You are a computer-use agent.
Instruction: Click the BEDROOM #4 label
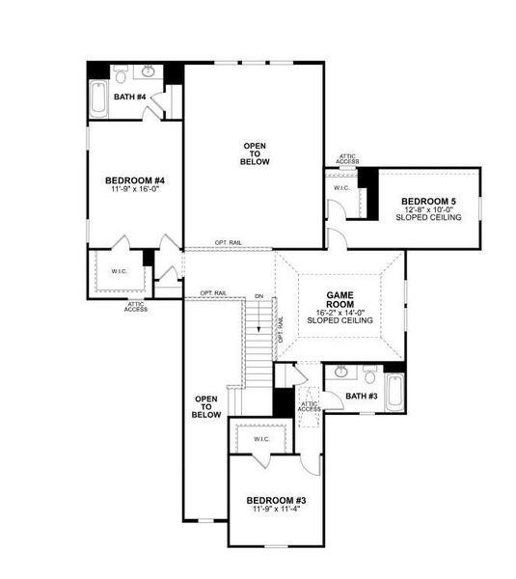click(135, 180)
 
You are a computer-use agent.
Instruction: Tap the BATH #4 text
click(129, 96)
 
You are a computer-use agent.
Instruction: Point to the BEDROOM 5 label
click(429, 202)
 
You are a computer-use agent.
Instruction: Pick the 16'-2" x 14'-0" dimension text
click(340, 313)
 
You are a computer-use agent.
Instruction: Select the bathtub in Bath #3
click(395, 392)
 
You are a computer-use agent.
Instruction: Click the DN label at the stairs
click(258, 295)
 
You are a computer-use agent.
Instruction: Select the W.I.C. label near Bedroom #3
click(262, 439)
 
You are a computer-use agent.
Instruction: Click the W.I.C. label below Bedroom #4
click(119, 271)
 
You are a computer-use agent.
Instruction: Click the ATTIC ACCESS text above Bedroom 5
click(348, 158)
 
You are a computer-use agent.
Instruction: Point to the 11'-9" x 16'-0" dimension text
click(135, 190)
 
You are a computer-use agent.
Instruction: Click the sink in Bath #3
click(341, 372)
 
